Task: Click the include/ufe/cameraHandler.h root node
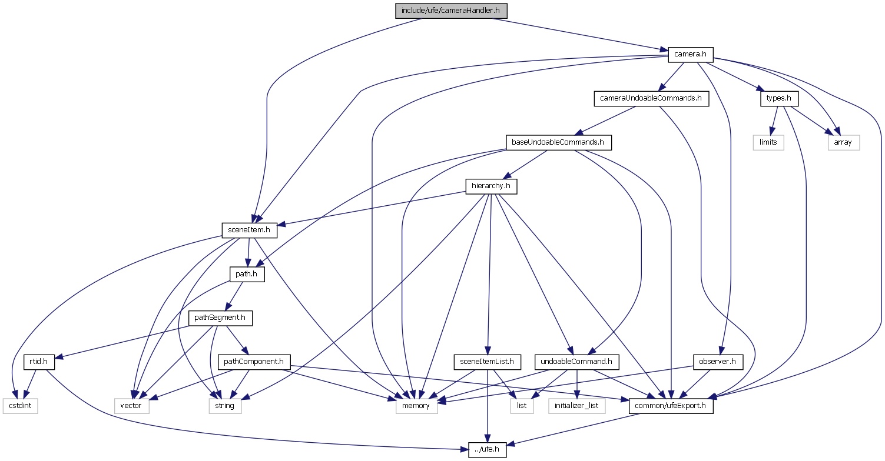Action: [451, 11]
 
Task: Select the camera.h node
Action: [690, 55]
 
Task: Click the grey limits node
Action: [768, 142]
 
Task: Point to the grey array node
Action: [843, 142]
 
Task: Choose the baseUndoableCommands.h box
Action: [558, 142]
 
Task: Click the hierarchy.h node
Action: [491, 186]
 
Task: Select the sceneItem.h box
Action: [249, 230]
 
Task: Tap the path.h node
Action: [247, 274]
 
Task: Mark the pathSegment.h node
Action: [220, 318]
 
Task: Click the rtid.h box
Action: [39, 362]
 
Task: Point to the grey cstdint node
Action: [20, 406]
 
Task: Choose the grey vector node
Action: [131, 406]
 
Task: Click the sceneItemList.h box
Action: [487, 362]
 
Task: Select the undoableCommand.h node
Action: [576, 362]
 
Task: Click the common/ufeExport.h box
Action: [671, 406]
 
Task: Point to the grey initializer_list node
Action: [576, 406]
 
